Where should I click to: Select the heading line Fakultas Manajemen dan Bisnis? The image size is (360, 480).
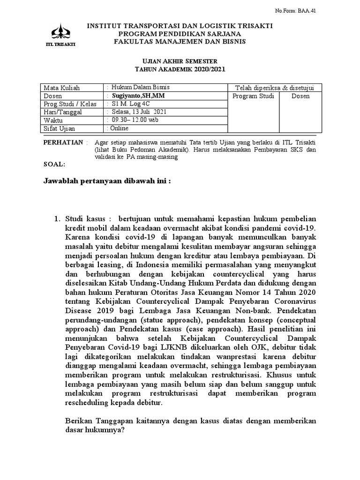pyautogui.click(x=180, y=42)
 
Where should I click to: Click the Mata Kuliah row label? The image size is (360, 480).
pyautogui.click(x=62, y=88)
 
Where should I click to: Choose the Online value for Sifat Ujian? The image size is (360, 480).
pyautogui.click(x=120, y=128)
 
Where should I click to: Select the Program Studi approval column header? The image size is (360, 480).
pyautogui.click(x=253, y=96)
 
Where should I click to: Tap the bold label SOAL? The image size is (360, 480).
pyautogui.click(x=54, y=165)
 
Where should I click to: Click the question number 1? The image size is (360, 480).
pyautogui.click(x=57, y=218)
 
